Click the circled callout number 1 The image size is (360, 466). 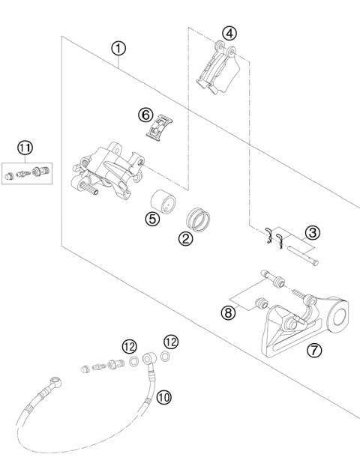pyautogui.click(x=118, y=49)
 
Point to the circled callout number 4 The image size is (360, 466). pyautogui.click(x=229, y=33)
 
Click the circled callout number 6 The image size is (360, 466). pyautogui.click(x=145, y=115)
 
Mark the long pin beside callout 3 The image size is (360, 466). pyautogui.click(x=306, y=255)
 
